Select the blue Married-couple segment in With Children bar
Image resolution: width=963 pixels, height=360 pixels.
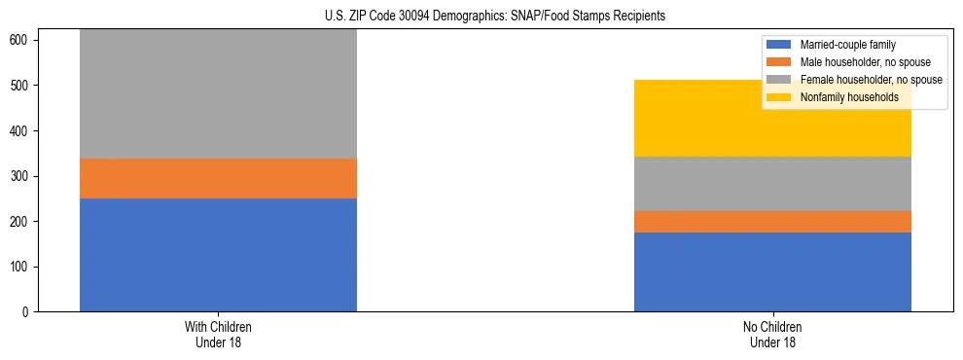coord(218,255)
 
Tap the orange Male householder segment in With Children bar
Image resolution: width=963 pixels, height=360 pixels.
coord(218,178)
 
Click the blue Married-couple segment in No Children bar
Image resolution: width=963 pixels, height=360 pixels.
coord(772,271)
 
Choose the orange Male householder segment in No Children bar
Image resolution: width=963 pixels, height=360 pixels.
coord(772,222)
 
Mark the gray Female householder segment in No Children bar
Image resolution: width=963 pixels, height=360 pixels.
coord(772,184)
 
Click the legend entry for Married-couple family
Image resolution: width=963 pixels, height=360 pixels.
coord(847,45)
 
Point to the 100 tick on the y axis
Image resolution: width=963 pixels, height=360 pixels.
coord(22,267)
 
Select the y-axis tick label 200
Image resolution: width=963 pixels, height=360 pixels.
coord(22,222)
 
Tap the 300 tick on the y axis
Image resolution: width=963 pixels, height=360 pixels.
coord(22,176)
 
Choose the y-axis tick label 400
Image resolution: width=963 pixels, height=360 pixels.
coord(22,131)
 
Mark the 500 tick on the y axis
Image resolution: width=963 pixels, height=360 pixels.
coord(22,86)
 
